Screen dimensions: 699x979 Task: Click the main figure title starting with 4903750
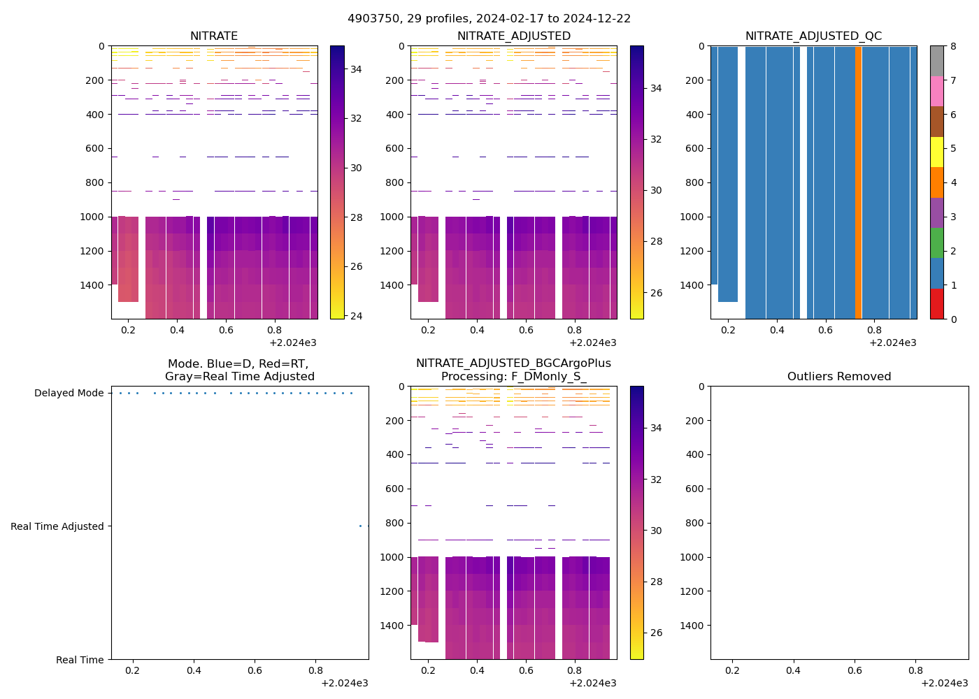(489, 19)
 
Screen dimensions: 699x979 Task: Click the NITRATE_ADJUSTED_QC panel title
(813, 36)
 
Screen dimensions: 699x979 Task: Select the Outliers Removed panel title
(839, 377)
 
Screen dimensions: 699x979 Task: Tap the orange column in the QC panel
(858, 182)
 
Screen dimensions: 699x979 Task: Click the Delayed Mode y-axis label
(69, 394)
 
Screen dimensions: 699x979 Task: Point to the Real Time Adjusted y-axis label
(57, 527)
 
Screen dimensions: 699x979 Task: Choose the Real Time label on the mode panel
(80, 661)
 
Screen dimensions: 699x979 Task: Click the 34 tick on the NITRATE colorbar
(356, 69)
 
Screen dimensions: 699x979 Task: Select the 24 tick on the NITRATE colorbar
(356, 316)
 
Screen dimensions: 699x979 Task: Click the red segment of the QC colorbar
(937, 304)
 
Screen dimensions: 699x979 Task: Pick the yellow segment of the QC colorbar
(937, 152)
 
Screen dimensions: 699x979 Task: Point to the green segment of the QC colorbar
(937, 243)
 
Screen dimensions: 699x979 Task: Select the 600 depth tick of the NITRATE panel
(96, 148)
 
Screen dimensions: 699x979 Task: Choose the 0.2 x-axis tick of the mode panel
(132, 671)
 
